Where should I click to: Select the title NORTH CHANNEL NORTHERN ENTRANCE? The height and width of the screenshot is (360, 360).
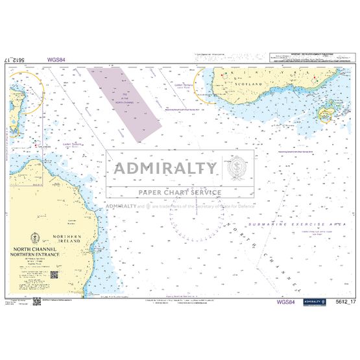coord(42,251)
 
